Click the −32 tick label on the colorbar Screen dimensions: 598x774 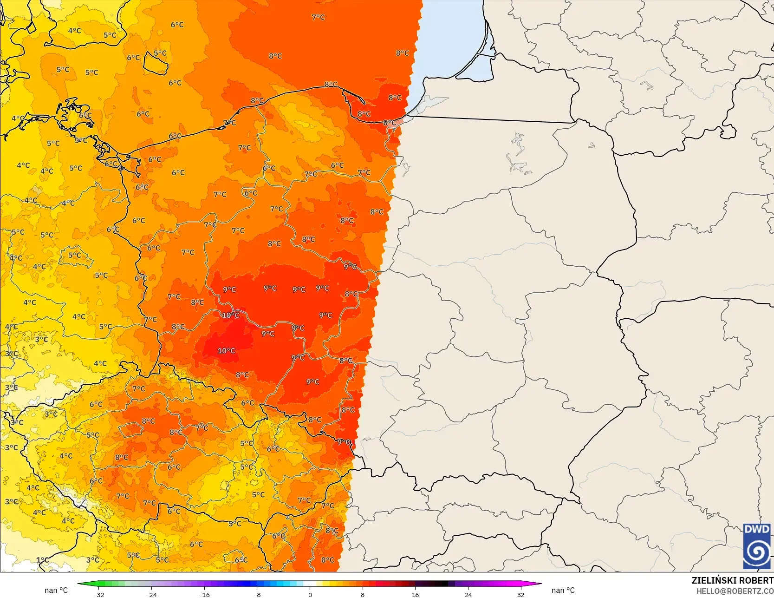pos(98,595)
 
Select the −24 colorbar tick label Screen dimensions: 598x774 pos(151,595)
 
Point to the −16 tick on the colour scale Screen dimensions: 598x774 pos(204,595)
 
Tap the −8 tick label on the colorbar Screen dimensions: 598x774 pos(257,595)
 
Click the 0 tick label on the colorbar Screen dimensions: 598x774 pos(310,595)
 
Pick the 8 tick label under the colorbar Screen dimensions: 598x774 pos(363,595)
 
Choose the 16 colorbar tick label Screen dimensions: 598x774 pos(416,595)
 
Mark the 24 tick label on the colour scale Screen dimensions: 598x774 pos(468,595)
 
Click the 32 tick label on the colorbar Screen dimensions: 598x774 pos(521,595)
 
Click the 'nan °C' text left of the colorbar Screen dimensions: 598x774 pos(56,591)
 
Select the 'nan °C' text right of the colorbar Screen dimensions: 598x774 pos(563,591)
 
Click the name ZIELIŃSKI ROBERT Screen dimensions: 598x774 pos(732,581)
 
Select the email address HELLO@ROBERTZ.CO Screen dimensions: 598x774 pos(735,591)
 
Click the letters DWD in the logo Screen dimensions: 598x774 pos(757,530)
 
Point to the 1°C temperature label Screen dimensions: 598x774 pos(42,560)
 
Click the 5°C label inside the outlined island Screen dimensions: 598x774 pos(160,53)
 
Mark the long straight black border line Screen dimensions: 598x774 pos(490,119)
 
